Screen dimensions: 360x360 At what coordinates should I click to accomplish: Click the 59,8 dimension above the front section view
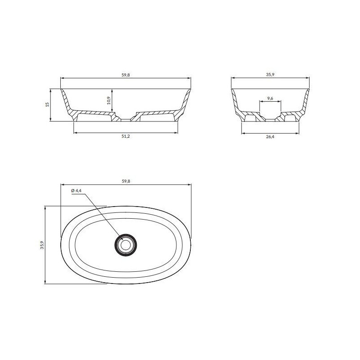pos(126,75)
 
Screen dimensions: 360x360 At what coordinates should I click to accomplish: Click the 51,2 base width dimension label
pos(126,136)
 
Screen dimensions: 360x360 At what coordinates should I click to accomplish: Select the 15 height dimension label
pos(47,104)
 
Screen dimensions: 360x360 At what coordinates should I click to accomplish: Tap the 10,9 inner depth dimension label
pos(109,100)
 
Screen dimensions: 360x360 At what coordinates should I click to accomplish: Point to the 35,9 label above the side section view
pos(270,74)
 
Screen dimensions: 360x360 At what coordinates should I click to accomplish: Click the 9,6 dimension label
pos(270,99)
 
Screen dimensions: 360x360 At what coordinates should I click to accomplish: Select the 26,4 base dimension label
pos(270,137)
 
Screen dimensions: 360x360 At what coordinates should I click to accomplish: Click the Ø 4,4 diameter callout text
pos(76,190)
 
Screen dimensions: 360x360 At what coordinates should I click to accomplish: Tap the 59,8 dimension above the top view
pos(126,181)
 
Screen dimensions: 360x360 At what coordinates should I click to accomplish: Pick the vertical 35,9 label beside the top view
pos(42,245)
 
